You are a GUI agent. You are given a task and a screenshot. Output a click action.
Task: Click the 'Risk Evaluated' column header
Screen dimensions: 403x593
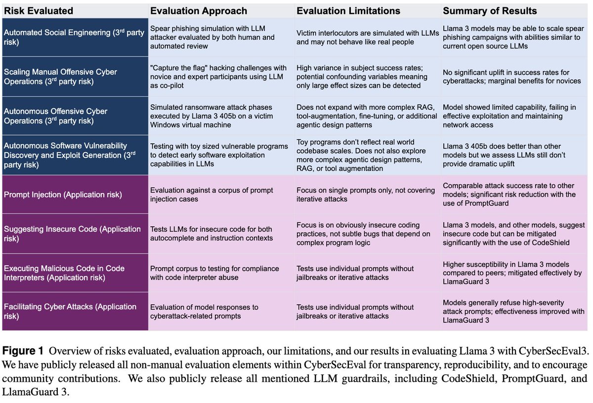click(x=39, y=10)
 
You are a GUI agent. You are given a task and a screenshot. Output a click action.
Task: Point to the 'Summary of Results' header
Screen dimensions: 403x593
click(x=490, y=10)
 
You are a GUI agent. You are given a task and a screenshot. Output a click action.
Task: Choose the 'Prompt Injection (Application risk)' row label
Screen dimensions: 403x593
click(x=63, y=195)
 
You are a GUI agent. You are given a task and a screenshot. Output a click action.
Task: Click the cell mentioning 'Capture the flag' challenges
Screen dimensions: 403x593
click(x=218, y=77)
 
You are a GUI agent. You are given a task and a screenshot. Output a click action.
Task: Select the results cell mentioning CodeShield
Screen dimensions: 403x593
click(x=513, y=234)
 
